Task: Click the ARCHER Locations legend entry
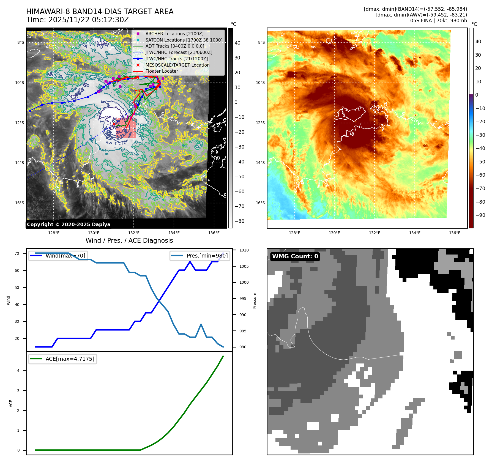point(174,34)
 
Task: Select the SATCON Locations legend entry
point(184,40)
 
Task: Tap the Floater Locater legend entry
point(162,71)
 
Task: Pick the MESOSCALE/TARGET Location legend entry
point(177,65)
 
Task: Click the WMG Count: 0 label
point(295,256)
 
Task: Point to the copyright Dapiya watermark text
point(69,225)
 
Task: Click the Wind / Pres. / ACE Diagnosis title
point(129,240)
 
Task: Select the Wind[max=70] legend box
point(58,256)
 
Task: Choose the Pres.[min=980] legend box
point(200,256)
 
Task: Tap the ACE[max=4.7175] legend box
point(63,359)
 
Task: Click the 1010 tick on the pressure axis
point(244,250)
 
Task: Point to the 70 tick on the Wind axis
point(17,253)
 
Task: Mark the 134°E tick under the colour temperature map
point(415,233)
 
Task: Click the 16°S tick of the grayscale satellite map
point(20,203)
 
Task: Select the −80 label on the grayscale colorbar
point(239,221)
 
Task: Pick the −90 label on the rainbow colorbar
point(480,215)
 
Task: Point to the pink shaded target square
point(126,128)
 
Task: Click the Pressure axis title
point(255,300)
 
